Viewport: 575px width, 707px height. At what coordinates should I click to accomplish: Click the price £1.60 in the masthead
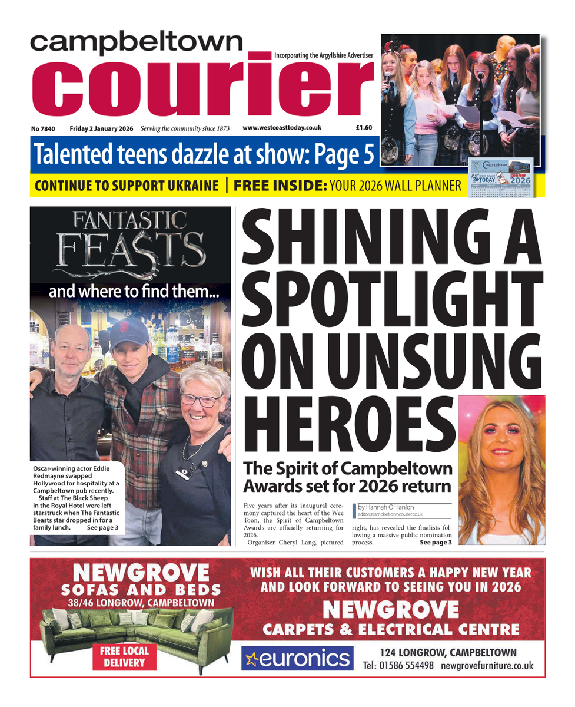(x=363, y=127)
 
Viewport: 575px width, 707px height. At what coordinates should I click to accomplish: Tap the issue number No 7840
(x=45, y=128)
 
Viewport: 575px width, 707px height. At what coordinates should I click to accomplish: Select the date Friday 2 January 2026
(x=101, y=128)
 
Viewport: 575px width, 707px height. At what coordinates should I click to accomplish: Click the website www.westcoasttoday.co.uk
(x=282, y=127)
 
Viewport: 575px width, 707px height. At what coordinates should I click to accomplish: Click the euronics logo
(x=297, y=658)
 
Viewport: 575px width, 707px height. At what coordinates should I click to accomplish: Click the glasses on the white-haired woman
(x=199, y=400)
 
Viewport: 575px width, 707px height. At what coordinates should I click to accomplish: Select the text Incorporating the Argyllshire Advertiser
(x=324, y=55)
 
